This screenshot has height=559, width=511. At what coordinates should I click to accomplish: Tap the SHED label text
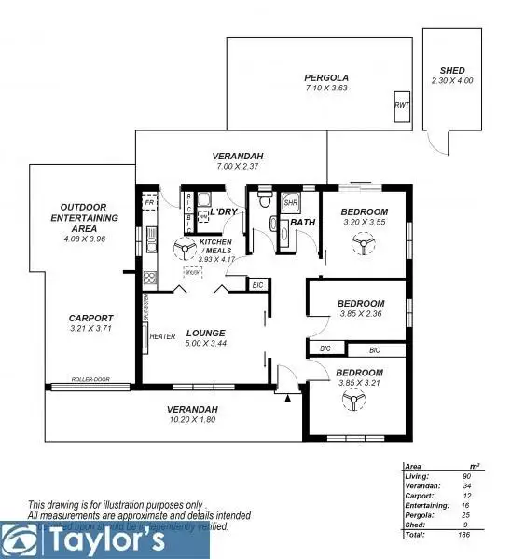[451, 71]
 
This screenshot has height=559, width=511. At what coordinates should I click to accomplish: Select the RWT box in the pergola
[402, 105]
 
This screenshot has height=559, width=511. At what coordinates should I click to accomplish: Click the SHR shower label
[290, 202]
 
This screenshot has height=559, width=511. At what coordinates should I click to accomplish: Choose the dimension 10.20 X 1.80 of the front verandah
[192, 420]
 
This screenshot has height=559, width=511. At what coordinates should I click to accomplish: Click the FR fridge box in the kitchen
[148, 201]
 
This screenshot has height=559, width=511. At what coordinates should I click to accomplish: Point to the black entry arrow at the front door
[288, 398]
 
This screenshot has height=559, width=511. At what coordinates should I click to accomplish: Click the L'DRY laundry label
[224, 211]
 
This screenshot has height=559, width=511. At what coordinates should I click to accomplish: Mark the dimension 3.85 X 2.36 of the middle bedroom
[360, 314]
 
